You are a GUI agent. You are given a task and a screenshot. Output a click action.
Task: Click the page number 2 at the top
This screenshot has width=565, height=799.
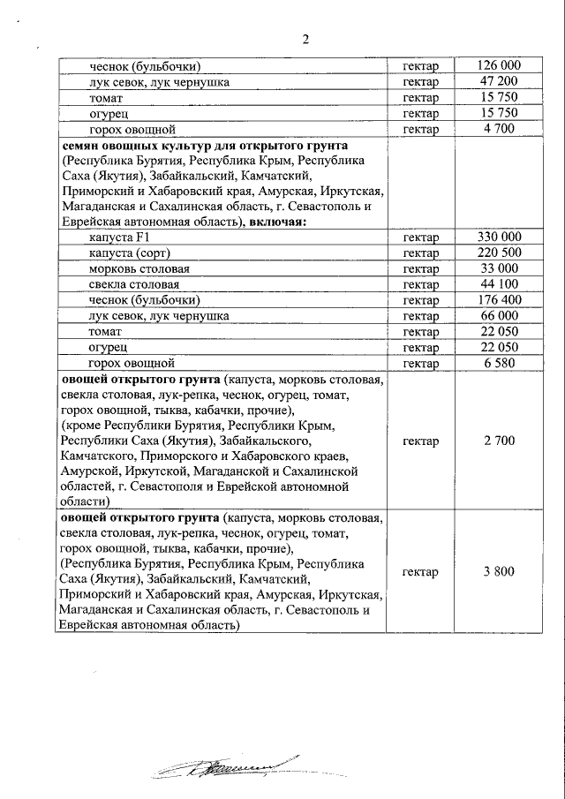[x=305, y=39]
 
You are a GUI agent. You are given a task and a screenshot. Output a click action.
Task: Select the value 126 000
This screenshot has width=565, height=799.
[x=499, y=66]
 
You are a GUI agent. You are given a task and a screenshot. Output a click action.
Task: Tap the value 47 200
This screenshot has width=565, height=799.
[x=499, y=82]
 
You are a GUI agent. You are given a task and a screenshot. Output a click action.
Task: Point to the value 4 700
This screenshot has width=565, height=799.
[x=499, y=130]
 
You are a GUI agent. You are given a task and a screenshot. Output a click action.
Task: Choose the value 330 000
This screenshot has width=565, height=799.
[x=499, y=237]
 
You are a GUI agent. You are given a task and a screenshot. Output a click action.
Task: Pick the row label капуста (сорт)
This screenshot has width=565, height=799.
[x=130, y=253]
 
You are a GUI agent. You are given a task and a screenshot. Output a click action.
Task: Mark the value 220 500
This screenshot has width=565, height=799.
[x=499, y=253]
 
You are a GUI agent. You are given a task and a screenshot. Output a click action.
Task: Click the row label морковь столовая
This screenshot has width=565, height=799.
[x=139, y=269]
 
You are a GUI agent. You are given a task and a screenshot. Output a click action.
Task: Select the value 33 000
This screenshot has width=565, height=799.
[x=499, y=269]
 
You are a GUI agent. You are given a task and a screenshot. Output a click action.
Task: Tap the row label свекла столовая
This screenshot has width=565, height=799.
[x=134, y=285]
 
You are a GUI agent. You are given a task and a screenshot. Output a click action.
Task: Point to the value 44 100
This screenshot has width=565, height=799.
[x=499, y=285]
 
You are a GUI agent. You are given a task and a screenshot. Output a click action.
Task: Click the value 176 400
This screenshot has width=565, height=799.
[x=499, y=301]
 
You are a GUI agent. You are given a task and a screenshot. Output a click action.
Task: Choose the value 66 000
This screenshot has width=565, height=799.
[x=499, y=316]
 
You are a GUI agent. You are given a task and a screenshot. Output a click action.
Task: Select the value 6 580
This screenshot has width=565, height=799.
[x=499, y=364]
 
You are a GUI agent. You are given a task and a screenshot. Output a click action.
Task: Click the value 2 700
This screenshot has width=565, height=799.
[x=499, y=441]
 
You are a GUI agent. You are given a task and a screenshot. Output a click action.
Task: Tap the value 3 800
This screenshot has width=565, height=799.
[x=499, y=572]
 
